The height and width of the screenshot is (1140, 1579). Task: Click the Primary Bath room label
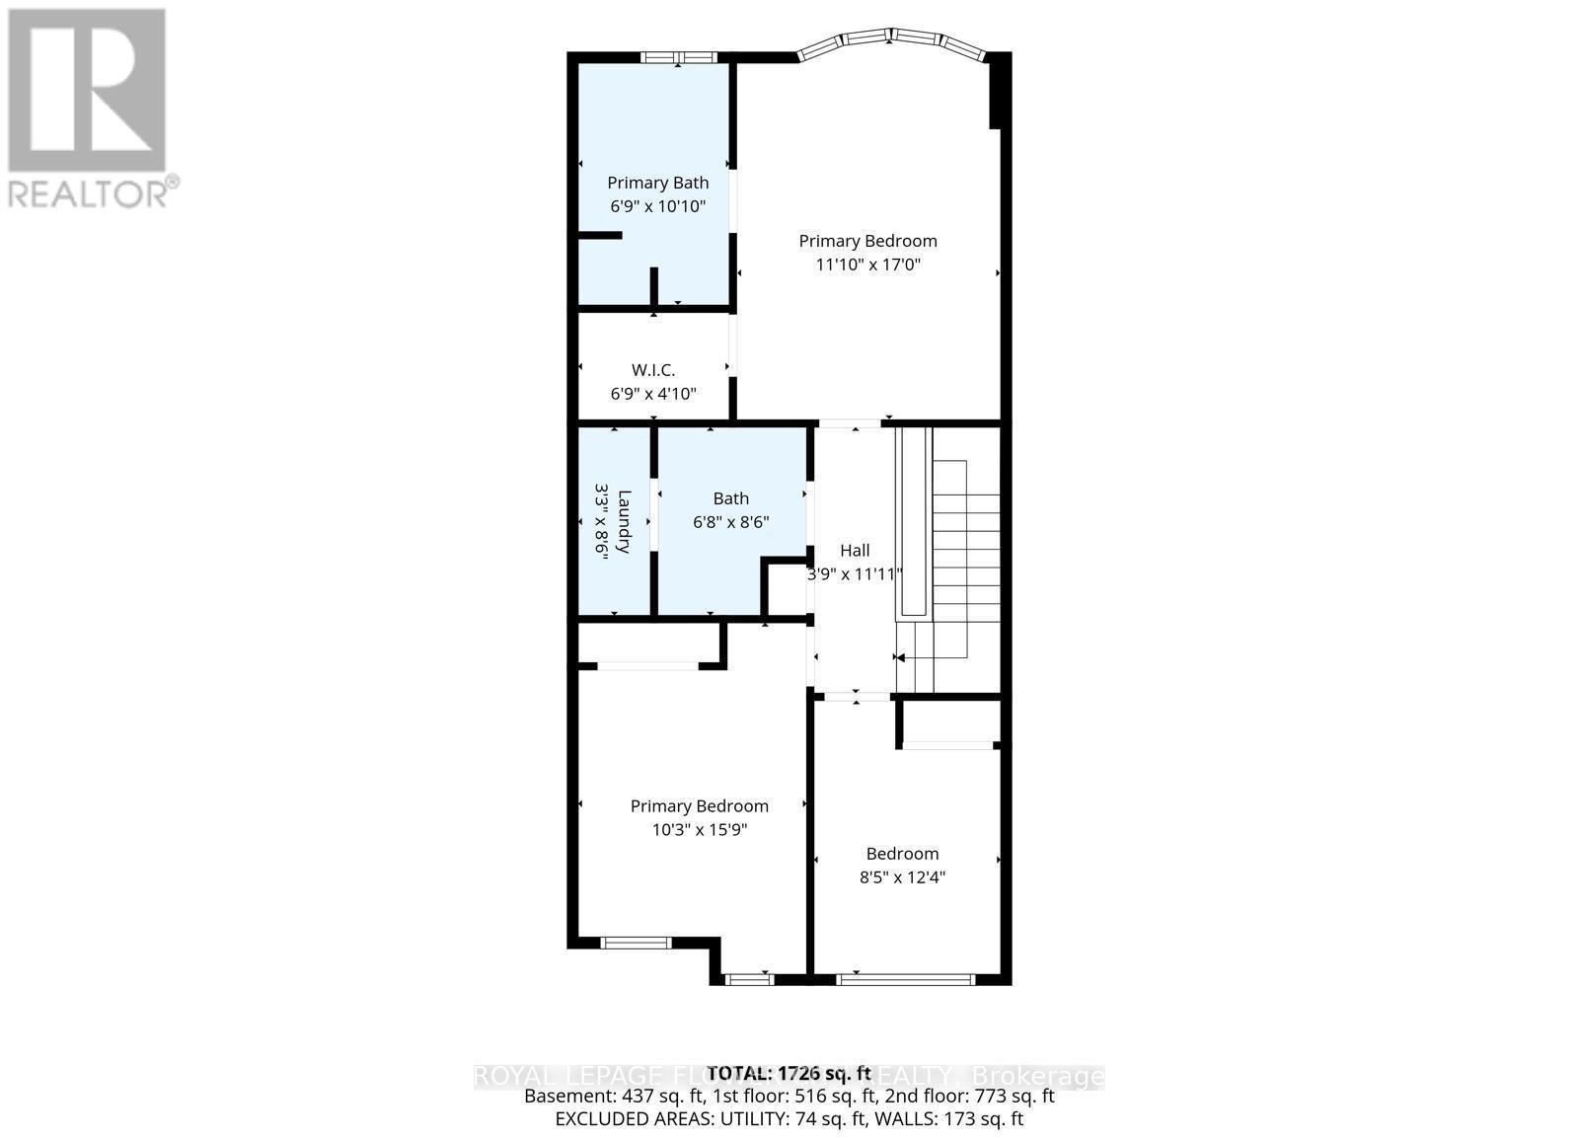click(657, 183)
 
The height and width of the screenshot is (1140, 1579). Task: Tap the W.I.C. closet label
click(653, 370)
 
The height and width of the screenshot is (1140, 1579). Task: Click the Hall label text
click(855, 550)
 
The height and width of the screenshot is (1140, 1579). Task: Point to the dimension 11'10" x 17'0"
click(867, 265)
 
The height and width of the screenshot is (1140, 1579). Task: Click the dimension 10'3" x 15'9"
click(699, 830)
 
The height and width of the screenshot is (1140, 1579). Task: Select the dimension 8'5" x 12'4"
click(902, 877)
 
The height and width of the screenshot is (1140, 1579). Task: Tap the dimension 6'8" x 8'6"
click(731, 522)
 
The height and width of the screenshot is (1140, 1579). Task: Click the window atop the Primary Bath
click(678, 57)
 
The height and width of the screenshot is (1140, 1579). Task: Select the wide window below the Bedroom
click(905, 979)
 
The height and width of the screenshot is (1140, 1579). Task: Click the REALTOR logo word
click(89, 192)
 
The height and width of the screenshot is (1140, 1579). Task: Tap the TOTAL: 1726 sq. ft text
click(789, 1073)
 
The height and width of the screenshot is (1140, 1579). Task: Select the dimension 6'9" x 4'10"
click(653, 394)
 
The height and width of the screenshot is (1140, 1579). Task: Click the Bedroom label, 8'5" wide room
click(902, 854)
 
